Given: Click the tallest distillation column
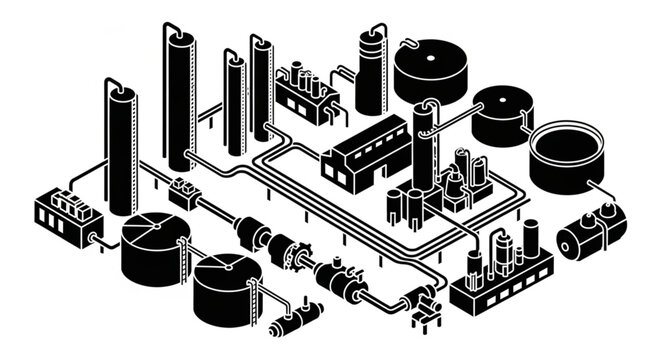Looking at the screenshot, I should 181,95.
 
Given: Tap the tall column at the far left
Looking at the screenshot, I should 120,150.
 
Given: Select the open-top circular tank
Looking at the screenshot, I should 564,155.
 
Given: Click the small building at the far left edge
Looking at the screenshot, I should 62,215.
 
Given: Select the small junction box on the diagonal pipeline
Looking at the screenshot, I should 182,189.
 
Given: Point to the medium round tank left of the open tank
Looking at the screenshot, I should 503,115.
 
